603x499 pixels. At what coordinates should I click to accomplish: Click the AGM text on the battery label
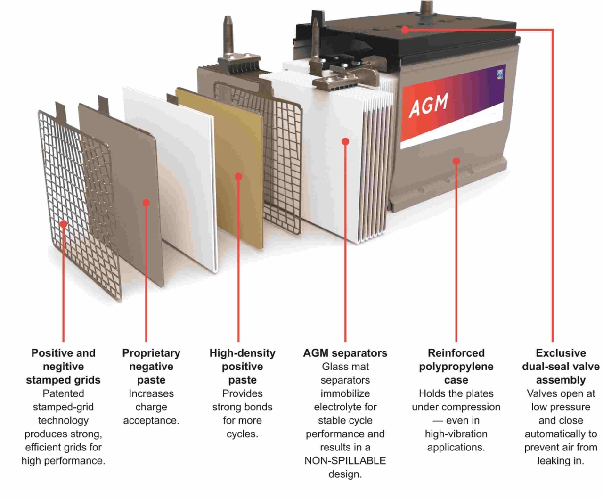tap(428, 104)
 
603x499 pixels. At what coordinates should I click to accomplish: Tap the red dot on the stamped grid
tap(63, 224)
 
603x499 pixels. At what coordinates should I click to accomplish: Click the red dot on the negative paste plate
tap(146, 203)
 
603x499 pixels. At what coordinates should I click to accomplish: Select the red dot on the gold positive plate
tap(238, 176)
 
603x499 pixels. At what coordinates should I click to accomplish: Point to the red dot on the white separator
tap(345, 141)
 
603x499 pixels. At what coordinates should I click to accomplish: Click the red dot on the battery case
tap(456, 161)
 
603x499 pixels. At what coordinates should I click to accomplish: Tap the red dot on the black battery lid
tap(405, 30)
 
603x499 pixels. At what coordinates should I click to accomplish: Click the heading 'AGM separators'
tap(345, 353)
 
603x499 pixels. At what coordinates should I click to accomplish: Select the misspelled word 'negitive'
tap(63, 367)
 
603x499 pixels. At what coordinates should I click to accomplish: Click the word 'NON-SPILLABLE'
tap(345, 461)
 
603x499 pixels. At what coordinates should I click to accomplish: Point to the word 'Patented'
tap(63, 393)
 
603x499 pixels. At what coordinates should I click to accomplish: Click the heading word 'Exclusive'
tap(561, 353)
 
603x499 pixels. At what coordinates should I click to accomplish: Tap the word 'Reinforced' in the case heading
tap(456, 353)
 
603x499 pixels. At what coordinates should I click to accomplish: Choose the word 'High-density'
tap(242, 353)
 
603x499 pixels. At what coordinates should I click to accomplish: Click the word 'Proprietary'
tap(151, 353)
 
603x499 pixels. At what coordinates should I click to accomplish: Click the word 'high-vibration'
tap(456, 434)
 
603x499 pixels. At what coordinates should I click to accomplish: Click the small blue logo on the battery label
tap(499, 74)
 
